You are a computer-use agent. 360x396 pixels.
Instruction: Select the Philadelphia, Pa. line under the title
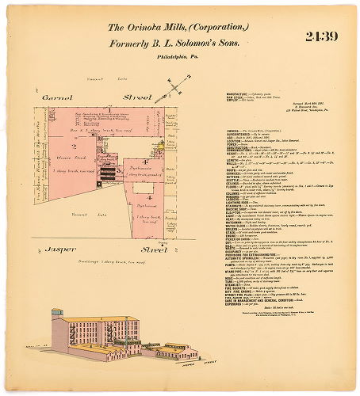(x=180, y=58)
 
